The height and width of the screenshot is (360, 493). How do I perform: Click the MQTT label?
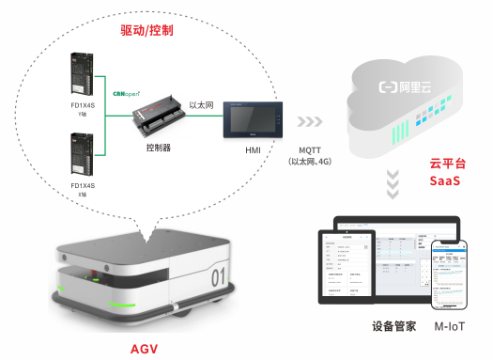coord(314,150)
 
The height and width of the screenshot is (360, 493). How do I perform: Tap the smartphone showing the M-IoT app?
coord(451,274)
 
